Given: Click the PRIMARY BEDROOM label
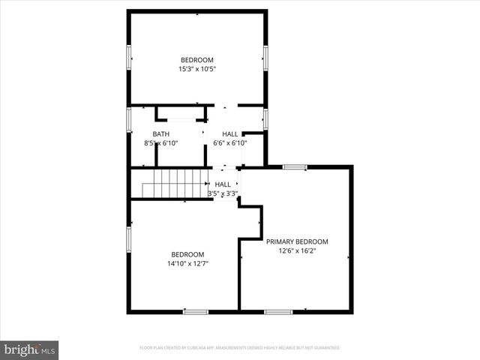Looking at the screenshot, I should point(297,241).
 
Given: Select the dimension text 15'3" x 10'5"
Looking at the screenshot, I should point(196,69).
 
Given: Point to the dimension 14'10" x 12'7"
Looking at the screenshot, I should point(187,263).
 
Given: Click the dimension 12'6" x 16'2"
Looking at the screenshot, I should point(297,251).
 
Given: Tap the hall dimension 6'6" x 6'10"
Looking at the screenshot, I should point(230,143).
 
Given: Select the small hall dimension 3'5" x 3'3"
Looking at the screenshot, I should point(223,193).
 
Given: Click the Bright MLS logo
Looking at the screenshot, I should point(30,350).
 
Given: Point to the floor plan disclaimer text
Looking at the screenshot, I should point(240,348).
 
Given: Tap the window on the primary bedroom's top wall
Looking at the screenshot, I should point(295,167).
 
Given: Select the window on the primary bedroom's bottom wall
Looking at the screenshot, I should point(278,311).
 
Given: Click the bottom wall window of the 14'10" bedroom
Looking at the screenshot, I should point(196,311).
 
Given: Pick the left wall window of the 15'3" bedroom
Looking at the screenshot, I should point(129,56).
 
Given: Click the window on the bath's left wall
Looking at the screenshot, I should point(129,118).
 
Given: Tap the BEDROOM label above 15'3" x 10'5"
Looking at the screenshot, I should point(196,60).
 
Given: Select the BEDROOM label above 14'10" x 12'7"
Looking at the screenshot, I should point(187,254).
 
